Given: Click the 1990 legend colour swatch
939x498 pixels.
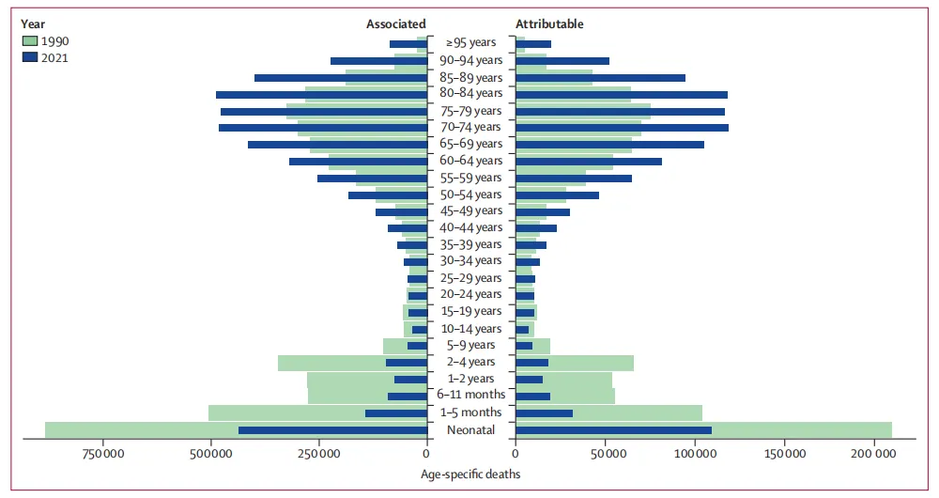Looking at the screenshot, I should (29, 41).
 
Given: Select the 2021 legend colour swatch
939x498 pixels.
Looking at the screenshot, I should (29, 57).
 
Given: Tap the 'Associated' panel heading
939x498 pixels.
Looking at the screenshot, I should (395, 23).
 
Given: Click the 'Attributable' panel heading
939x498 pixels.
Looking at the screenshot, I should (549, 23).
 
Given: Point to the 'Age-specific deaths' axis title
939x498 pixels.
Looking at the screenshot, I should (469, 475).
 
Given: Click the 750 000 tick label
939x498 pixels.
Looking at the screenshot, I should (103, 455).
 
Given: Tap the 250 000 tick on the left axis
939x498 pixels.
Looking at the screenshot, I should (319, 455).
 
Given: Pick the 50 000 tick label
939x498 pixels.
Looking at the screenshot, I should (605, 455).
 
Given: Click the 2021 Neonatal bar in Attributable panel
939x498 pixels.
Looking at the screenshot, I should (613, 430).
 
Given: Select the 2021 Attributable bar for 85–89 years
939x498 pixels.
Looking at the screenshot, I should (601, 78).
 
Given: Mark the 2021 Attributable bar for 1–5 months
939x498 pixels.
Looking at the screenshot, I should (545, 413).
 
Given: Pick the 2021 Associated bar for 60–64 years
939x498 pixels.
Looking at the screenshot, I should (358, 162).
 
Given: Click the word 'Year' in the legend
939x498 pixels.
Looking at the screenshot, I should (33, 23).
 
